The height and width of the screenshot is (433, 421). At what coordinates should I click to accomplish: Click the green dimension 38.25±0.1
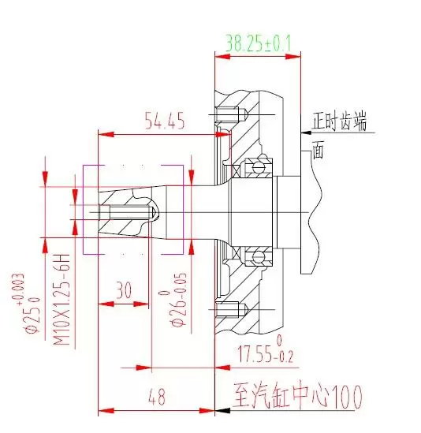258,43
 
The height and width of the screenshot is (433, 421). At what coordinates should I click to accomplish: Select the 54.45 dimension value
165,121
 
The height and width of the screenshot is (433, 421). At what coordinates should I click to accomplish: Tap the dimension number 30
124,290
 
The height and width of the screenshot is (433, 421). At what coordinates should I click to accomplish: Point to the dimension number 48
157,397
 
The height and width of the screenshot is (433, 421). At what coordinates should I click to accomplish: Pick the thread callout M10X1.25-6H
61,300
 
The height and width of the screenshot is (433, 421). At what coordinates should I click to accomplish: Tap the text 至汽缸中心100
297,395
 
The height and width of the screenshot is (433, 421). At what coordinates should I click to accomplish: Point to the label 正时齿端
340,121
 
